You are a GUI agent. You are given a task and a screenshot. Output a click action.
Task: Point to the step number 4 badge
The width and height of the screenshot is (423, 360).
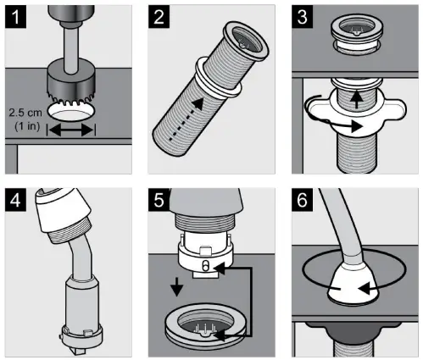tap(15, 200)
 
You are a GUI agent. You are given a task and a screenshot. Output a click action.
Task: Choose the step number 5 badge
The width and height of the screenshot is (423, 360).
tap(159, 200)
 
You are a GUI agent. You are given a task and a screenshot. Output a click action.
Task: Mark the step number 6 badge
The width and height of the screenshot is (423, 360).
tap(302, 200)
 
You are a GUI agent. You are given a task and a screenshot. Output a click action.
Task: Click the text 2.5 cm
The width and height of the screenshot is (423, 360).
tap(25, 113)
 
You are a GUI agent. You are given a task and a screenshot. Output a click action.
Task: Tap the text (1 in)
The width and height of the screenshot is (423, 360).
tap(27, 126)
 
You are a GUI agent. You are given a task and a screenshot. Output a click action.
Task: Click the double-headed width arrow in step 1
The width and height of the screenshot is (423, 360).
tap(71, 130)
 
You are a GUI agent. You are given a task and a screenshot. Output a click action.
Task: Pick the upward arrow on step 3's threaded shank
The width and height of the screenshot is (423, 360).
tap(357, 99)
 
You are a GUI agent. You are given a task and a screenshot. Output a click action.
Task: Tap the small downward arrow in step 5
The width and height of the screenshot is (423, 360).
tap(177, 286)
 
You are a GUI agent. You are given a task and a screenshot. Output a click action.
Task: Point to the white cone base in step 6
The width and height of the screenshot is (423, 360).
tap(353, 285)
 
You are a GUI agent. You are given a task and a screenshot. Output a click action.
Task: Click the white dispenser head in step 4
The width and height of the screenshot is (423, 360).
tap(64, 210)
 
